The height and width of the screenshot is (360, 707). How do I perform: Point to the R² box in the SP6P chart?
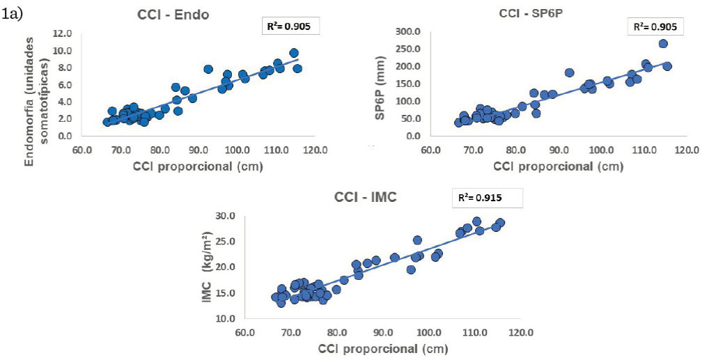[x=653, y=26]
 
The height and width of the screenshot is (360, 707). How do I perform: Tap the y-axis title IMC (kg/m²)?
[x=206, y=266]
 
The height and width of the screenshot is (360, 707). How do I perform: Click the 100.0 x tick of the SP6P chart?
[x=603, y=148]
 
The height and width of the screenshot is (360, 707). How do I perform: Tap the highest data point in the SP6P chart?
[x=662, y=44]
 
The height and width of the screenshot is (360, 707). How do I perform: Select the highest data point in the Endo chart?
[x=294, y=53]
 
